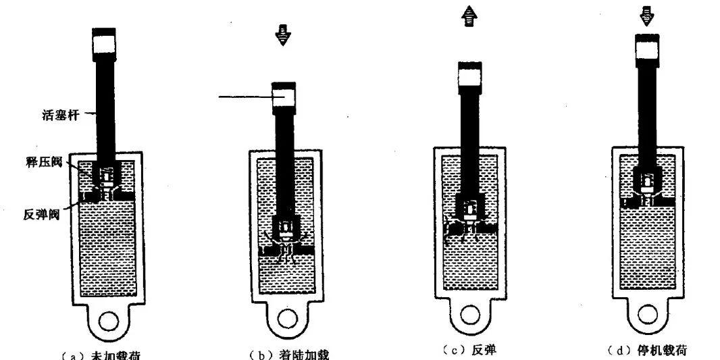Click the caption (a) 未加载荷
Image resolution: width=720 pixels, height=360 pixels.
[x=108, y=355]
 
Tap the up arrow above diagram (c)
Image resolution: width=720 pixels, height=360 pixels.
[x=469, y=18]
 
